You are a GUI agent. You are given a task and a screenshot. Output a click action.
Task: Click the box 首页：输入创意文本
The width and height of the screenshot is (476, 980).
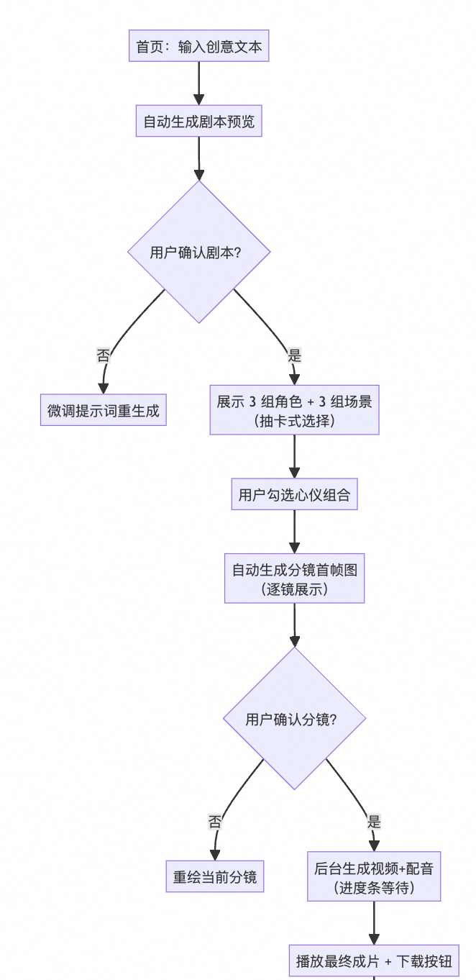199,47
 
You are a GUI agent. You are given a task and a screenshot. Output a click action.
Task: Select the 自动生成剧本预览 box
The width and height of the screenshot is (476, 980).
199,121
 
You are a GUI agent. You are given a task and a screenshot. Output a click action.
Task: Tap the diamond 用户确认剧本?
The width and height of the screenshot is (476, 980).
199,252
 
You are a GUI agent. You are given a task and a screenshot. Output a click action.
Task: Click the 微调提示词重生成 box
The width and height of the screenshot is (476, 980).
104,411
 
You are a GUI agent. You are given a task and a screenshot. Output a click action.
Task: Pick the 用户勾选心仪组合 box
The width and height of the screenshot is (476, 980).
294,495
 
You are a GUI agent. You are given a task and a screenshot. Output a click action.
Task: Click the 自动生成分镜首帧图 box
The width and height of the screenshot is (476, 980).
294,570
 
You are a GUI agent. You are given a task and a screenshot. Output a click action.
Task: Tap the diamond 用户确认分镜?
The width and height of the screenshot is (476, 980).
294,719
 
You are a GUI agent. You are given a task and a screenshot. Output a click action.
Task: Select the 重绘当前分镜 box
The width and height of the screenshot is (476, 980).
215,877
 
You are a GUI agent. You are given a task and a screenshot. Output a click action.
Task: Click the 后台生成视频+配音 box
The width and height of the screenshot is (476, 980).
374,868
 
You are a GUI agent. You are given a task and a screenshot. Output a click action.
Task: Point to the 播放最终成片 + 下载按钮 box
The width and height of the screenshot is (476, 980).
374,961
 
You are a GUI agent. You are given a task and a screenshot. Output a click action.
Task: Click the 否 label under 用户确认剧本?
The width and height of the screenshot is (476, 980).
104,355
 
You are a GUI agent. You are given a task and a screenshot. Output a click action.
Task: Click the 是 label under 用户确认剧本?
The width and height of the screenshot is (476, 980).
294,355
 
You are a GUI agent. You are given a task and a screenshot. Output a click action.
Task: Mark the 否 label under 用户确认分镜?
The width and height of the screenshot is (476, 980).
215,822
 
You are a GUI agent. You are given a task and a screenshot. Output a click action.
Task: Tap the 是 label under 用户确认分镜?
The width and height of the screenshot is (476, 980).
374,822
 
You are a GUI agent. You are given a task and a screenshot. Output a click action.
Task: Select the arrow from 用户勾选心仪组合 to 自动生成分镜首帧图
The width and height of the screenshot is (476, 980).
294,532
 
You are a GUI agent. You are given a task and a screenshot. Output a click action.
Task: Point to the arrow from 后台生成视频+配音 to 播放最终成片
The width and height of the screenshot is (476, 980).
374,923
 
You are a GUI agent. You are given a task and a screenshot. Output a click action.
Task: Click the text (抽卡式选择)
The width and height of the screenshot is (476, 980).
294,422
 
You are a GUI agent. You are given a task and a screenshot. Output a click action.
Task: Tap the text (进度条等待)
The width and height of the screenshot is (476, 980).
374,888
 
